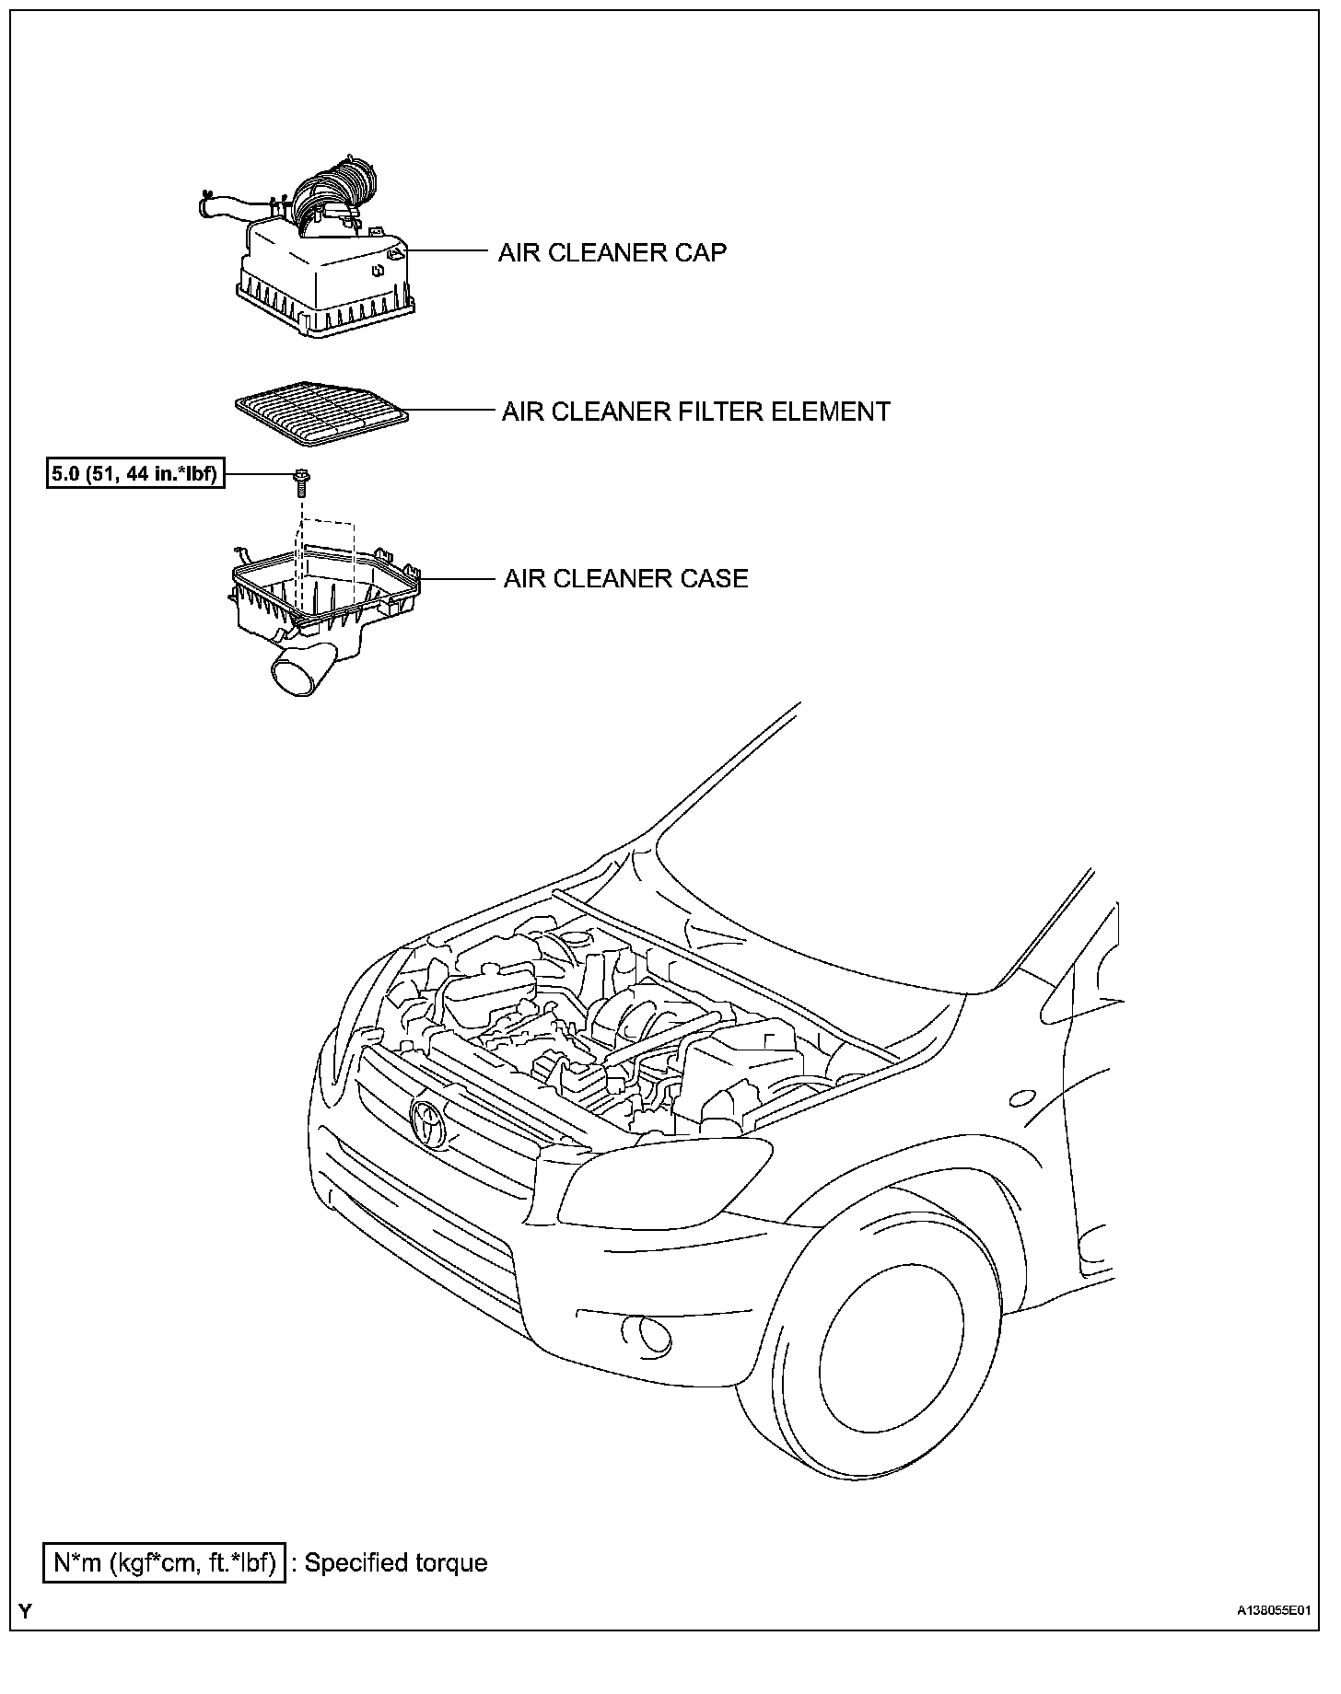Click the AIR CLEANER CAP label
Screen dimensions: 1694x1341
(612, 252)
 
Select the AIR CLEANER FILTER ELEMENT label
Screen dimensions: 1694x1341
(695, 412)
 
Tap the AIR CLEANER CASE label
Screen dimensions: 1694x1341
(625, 579)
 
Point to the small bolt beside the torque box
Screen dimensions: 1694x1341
(300, 480)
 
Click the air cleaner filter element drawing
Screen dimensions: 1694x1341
(321, 417)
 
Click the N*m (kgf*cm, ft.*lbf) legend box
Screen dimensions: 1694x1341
(164, 1563)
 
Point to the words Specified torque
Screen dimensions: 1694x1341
(395, 1563)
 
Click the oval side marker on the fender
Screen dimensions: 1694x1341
(1021, 1098)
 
